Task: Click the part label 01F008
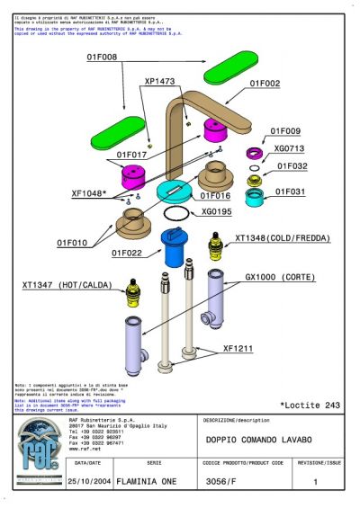(x=102, y=58)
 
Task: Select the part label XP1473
(x=160, y=81)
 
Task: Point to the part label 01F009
(x=285, y=130)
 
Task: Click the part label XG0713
(x=289, y=148)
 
